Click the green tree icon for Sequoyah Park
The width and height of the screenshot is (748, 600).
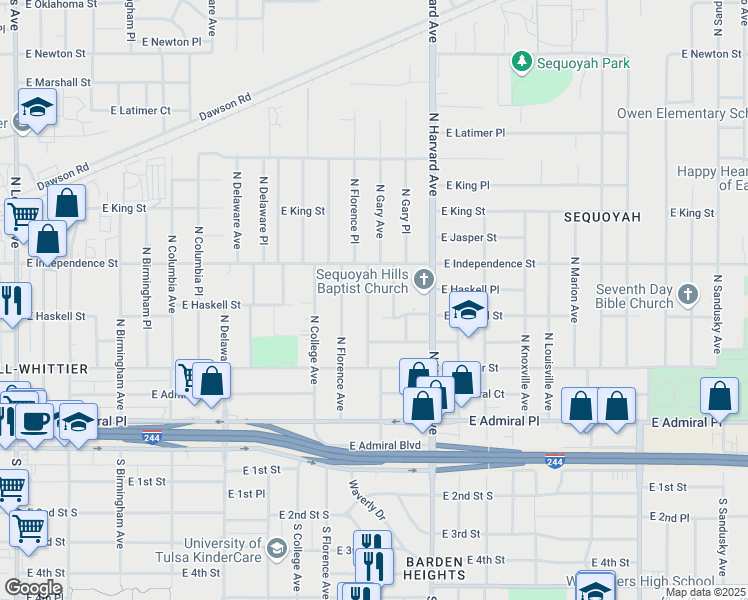click(x=521, y=62)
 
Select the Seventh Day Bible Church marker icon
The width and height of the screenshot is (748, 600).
click(x=686, y=294)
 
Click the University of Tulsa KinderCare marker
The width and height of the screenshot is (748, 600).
click(x=276, y=547)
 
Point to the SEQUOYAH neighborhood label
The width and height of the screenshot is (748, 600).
click(x=599, y=216)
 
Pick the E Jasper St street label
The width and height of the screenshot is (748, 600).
click(x=468, y=238)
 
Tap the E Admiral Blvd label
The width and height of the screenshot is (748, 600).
click(x=385, y=444)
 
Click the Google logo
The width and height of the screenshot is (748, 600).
click(x=32, y=588)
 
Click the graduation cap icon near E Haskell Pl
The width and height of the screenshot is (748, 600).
click(x=467, y=310)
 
